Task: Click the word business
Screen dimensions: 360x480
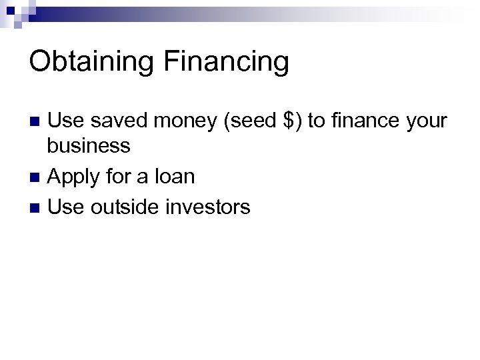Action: [89, 145]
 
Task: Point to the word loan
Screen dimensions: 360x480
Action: [173, 177]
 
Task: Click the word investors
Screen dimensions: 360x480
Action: [207, 207]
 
